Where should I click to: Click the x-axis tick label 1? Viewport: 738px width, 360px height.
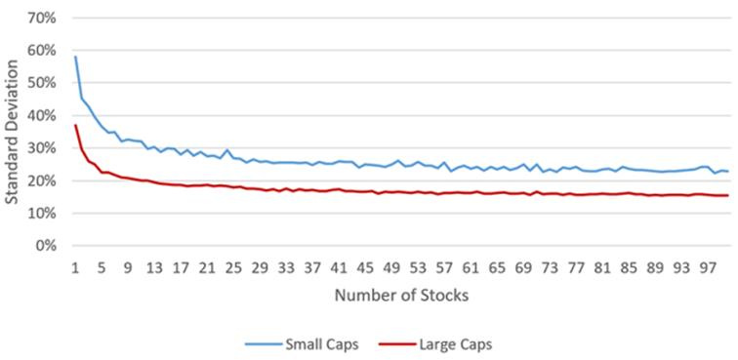coord(75,265)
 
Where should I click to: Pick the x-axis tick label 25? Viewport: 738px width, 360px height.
coord(233,265)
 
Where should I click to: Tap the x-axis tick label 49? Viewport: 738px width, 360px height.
coord(391,265)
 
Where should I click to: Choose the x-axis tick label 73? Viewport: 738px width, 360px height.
coord(550,265)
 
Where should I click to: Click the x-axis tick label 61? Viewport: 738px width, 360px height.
coord(471,265)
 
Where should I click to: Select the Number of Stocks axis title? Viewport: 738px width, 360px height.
coord(401,294)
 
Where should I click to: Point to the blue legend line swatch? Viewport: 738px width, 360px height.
coord(261,342)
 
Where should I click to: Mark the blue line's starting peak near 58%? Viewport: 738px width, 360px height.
coord(75,57)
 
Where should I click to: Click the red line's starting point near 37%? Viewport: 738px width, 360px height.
coord(75,125)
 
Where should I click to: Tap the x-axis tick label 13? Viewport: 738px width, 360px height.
coord(154,265)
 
